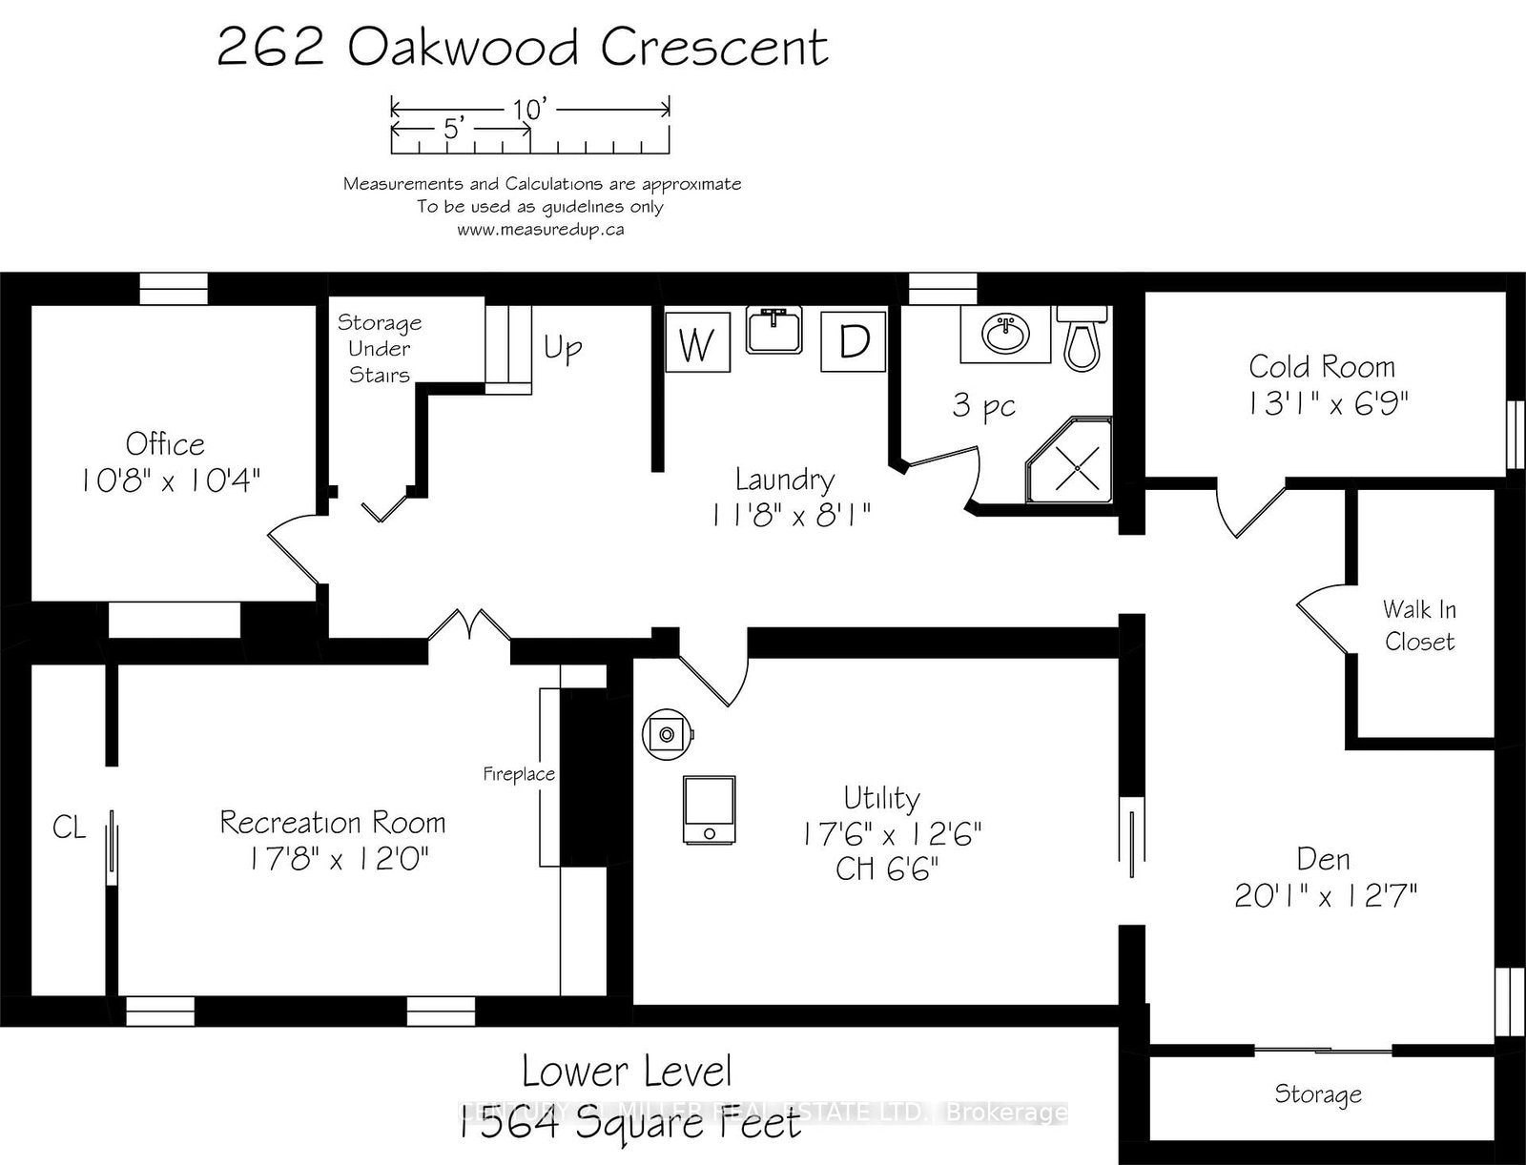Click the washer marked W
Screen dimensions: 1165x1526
697,343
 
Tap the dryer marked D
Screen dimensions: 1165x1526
854,341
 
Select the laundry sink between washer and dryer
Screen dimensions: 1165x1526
773,331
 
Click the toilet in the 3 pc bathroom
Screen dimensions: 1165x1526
1082,337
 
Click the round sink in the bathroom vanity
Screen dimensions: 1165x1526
1006,335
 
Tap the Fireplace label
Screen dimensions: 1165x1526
518,774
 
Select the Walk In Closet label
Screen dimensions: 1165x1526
1419,624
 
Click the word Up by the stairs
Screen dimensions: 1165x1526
563,348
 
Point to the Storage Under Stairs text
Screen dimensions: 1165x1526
380,349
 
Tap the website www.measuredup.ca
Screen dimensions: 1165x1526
540,230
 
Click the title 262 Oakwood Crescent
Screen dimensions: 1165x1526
522,48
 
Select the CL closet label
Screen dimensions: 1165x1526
69,827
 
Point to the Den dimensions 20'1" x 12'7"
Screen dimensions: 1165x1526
1326,895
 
